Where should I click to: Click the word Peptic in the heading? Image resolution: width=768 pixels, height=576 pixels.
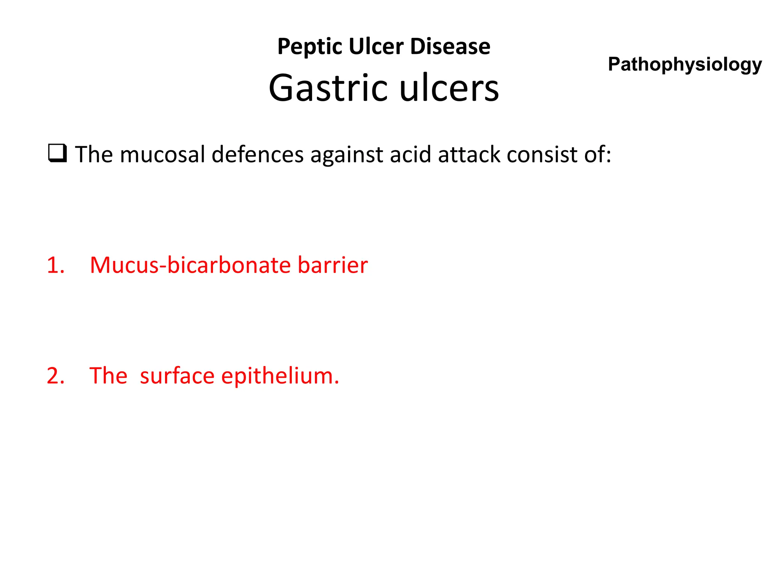tap(309, 47)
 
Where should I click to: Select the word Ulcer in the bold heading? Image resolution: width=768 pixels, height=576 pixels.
tap(376, 46)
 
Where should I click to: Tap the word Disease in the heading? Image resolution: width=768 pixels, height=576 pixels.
tap(450, 46)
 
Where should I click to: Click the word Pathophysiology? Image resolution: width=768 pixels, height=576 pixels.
tap(685, 64)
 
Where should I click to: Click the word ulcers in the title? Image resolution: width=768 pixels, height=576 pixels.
tap(449, 88)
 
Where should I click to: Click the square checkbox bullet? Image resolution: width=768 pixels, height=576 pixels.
tap(57, 153)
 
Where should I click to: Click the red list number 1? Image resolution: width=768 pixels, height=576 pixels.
tap(55, 265)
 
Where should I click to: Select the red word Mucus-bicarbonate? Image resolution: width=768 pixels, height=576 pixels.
tap(190, 265)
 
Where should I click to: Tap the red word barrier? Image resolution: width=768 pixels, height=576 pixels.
tap(333, 265)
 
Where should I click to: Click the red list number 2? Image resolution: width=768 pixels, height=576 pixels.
tap(55, 376)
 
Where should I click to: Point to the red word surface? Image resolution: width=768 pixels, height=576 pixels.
tap(177, 376)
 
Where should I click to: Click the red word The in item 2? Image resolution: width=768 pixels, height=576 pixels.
tap(108, 376)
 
